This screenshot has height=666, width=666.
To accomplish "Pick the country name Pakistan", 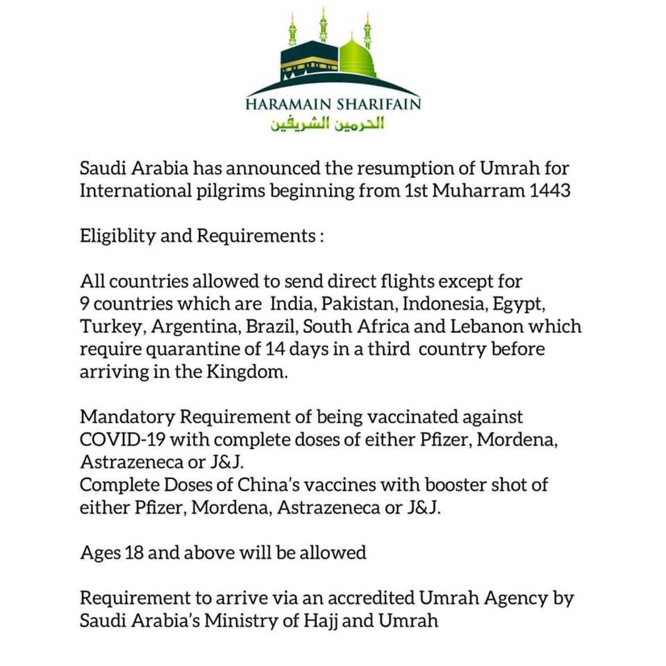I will click(360, 303).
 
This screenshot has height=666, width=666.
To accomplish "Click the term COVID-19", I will click(122, 439).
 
